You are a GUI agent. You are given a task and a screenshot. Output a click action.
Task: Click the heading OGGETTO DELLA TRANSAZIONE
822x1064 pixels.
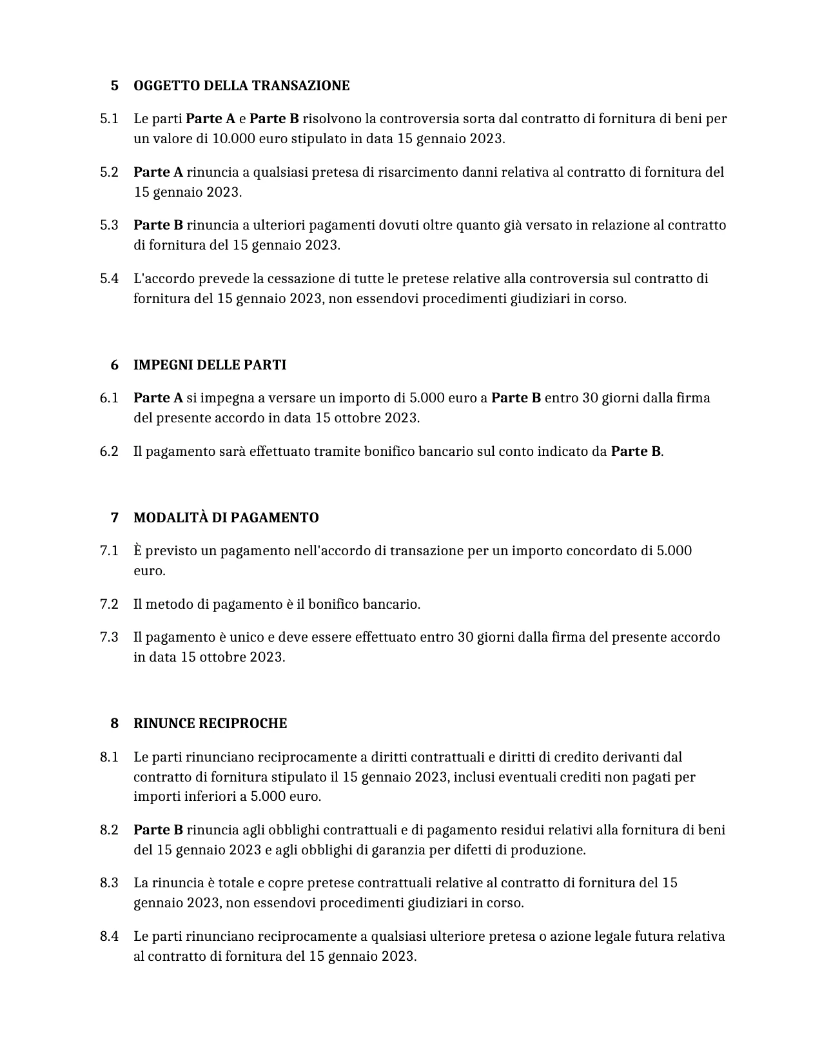point(241,86)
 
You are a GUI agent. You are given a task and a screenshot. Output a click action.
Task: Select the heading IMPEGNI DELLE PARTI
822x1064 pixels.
point(210,365)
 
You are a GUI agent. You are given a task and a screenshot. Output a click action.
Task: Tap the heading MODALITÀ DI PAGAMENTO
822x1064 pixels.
point(226,518)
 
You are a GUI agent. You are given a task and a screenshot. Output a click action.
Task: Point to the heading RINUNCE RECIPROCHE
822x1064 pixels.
point(210,724)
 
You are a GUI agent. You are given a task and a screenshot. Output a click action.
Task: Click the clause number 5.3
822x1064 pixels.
point(109,225)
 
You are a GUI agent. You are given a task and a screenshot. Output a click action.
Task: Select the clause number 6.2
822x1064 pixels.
point(109,451)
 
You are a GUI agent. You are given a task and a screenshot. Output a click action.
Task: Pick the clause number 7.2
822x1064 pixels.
point(109,604)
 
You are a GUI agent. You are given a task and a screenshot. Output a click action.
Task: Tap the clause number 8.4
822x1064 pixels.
point(109,936)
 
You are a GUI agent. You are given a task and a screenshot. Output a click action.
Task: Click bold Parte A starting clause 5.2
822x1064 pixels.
point(158,172)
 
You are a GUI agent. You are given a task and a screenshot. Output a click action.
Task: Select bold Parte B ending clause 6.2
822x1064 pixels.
point(635,451)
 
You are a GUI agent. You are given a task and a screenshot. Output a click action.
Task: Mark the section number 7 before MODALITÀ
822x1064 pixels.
point(115,518)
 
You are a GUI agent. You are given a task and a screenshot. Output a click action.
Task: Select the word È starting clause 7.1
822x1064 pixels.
point(137,551)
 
